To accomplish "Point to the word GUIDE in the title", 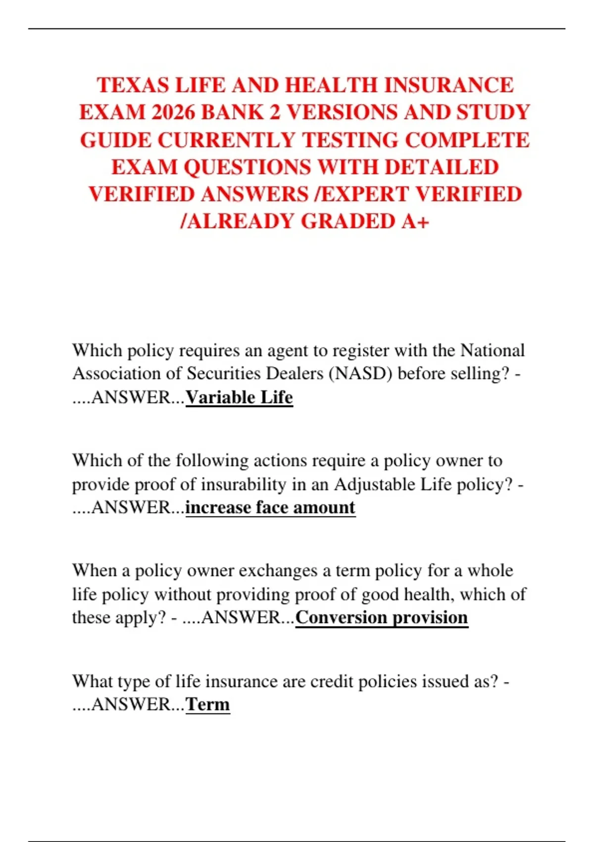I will click(115, 140).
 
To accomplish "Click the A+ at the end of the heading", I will click(415, 221).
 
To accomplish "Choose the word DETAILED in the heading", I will click(442, 167).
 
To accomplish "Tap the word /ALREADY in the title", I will click(238, 221).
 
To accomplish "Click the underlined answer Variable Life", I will click(239, 397).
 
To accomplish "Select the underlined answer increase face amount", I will click(270, 507).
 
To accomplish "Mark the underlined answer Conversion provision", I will click(382, 617).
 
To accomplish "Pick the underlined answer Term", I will click(207, 704).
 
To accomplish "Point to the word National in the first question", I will click(493, 350).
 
